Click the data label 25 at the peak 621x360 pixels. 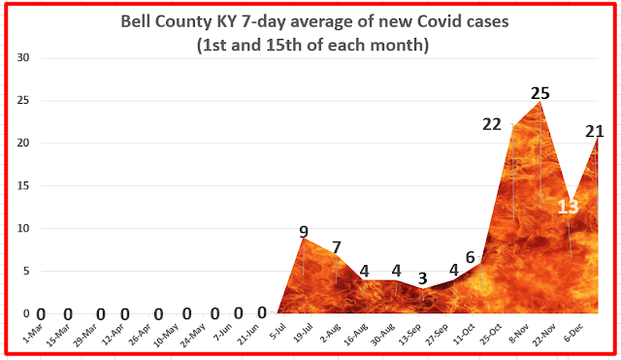point(540,93)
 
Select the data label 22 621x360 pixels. point(492,125)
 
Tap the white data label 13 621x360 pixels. point(569,207)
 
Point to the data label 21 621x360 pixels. point(595,132)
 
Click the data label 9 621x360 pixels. point(304,232)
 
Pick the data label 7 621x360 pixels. point(337,247)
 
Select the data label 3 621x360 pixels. point(423,278)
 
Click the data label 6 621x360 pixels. point(470,257)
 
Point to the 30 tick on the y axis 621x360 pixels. point(23,58)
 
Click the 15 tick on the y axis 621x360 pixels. point(23,185)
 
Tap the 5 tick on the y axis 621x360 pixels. point(26,272)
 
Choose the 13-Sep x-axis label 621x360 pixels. point(409,335)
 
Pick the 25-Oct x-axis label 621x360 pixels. point(490,335)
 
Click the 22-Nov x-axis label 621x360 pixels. point(544,335)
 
